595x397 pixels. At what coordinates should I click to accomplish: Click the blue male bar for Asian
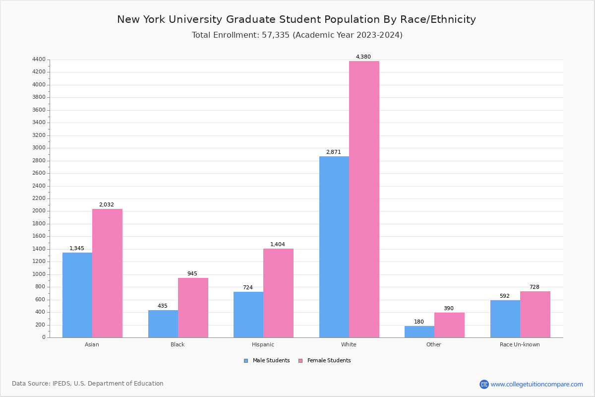[77, 295]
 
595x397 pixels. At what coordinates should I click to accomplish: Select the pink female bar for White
[364, 199]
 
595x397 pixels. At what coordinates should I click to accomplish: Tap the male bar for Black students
[163, 324]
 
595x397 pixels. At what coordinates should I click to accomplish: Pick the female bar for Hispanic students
[278, 293]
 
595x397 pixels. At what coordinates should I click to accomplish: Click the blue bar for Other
[419, 331]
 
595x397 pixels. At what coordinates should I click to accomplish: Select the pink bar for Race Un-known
[535, 314]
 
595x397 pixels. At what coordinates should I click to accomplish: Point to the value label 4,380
[363, 57]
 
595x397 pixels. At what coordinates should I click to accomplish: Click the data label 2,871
[333, 152]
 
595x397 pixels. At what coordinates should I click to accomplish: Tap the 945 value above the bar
[192, 274]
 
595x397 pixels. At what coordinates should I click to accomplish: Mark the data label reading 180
[419, 322]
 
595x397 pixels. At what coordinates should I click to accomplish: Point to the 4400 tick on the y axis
[39, 60]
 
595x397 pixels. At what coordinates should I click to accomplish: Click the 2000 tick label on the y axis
[39, 211]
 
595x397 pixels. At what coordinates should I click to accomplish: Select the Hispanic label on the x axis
[263, 344]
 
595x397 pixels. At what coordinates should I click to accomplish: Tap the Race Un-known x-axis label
[520, 344]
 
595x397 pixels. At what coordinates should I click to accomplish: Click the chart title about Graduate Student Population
[297, 20]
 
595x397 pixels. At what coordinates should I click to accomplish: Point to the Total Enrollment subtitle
[297, 35]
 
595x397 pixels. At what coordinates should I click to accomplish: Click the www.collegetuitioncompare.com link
[536, 384]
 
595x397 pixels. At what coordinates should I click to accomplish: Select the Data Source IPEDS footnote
[88, 384]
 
